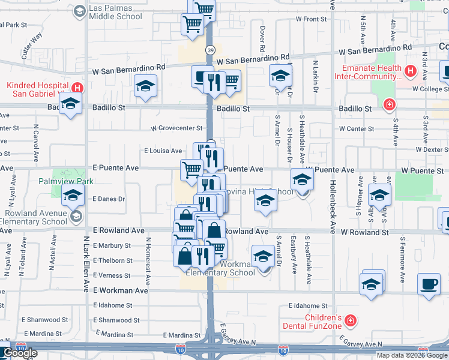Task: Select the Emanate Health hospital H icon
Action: coord(411,72)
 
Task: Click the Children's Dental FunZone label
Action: coord(323,322)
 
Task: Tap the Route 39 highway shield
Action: coord(210,50)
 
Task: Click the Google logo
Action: coord(20,353)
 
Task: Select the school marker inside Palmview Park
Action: coord(73,195)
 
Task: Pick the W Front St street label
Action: coord(311,19)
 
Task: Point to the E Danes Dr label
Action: coord(109,199)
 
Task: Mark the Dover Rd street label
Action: coord(262,38)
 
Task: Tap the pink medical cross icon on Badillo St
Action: coord(389,106)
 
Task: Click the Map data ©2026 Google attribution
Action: coord(412,355)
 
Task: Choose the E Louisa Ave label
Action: coord(163,151)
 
